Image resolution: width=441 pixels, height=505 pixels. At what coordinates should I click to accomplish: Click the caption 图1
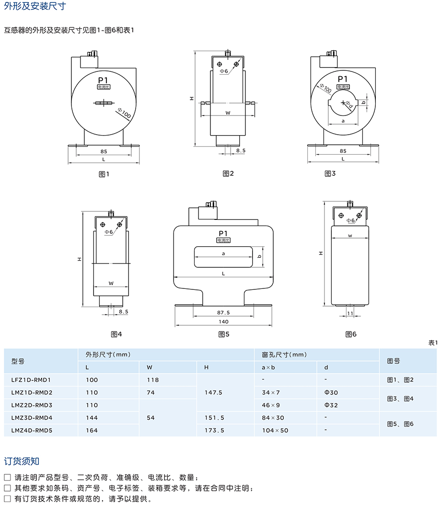(104, 173)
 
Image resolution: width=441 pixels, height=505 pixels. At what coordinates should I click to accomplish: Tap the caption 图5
(224, 334)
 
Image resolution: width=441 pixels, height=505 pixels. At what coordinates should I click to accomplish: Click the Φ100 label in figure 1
(124, 114)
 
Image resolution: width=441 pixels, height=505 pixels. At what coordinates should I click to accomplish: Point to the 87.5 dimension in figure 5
(223, 312)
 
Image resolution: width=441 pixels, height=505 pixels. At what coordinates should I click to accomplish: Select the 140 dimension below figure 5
(223, 321)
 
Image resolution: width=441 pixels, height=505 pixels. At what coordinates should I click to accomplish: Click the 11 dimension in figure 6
(349, 313)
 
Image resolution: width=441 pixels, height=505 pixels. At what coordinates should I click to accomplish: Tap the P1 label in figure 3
(343, 79)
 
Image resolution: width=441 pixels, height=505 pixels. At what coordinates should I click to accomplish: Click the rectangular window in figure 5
(223, 257)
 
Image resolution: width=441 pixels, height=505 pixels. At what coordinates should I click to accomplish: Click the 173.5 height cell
(214, 430)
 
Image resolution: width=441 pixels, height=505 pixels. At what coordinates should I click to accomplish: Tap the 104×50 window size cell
(275, 430)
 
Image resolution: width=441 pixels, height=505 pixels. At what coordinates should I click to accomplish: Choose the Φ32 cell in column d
(331, 405)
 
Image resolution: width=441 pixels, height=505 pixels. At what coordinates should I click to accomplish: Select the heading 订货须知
(22, 461)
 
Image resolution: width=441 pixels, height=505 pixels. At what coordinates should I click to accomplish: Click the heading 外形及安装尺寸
(35, 7)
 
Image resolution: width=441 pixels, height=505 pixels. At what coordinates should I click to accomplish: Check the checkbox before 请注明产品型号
(7, 478)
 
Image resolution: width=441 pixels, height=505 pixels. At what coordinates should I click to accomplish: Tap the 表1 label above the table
(433, 343)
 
